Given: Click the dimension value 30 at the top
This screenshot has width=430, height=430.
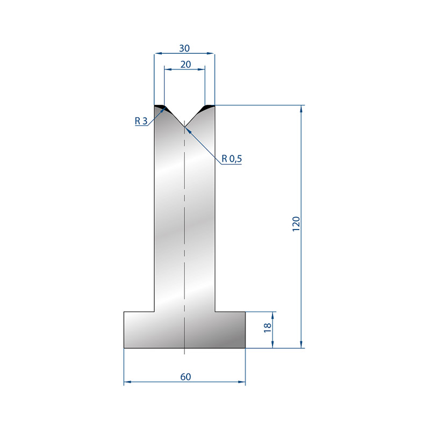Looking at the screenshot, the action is [184, 48].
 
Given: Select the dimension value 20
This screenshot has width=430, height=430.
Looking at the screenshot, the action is [185, 64].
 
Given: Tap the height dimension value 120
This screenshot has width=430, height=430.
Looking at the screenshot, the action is [296, 224].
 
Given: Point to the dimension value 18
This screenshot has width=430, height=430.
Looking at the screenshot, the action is [267, 328].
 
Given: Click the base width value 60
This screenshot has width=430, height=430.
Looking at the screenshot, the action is [185, 377].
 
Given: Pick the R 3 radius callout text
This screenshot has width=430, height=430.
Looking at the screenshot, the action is [141, 120].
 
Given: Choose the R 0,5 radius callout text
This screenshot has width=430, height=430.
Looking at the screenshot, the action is [232, 159].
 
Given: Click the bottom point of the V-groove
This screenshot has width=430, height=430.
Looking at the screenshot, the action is [184, 127].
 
